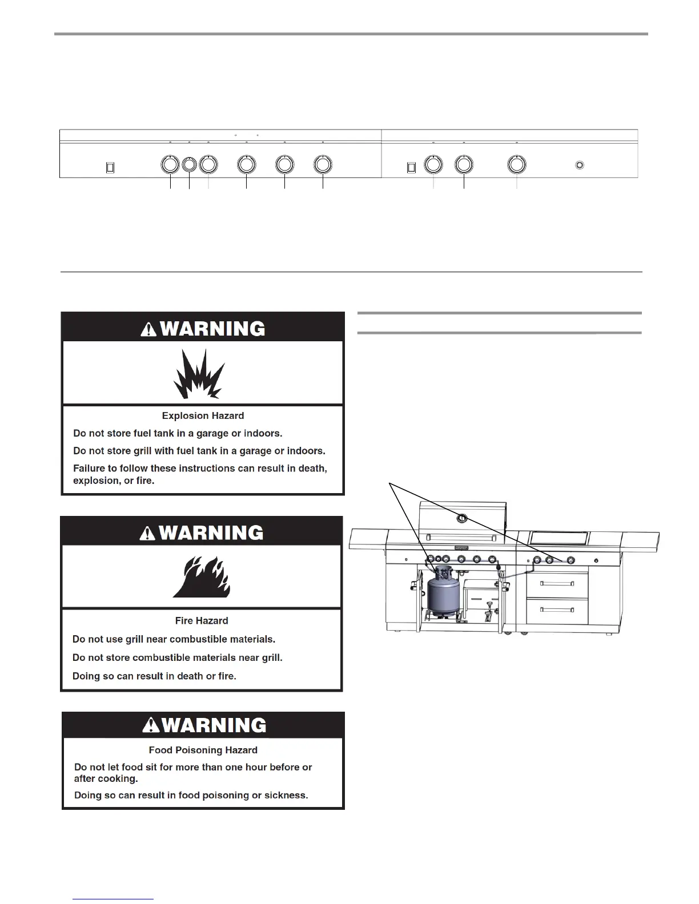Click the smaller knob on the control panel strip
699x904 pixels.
[x=189, y=164]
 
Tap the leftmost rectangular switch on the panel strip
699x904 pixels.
[x=111, y=167]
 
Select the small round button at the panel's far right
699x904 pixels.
[x=579, y=166]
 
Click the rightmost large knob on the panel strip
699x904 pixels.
[x=516, y=164]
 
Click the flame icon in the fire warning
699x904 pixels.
[x=202, y=578]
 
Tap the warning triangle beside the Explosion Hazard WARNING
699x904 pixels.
[x=148, y=329]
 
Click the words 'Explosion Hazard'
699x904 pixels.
[x=203, y=416]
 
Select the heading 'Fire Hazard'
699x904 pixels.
[x=202, y=620]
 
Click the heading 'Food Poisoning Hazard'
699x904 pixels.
[x=203, y=750]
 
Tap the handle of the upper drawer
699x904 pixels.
[x=557, y=583]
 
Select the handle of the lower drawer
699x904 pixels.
[x=557, y=610]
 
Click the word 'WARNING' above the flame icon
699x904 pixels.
[x=211, y=533]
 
